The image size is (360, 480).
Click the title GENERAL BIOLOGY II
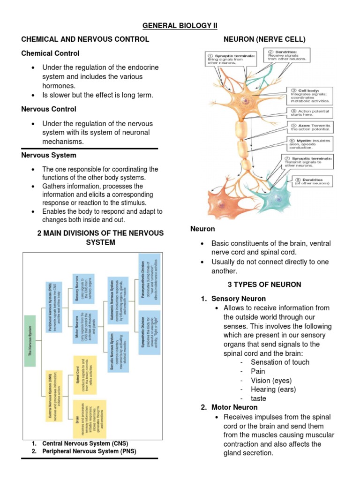[x=180, y=25]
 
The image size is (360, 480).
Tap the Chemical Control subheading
[x=50, y=53]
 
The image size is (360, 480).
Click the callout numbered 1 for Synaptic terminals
[x=231, y=59]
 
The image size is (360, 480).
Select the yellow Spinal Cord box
[x=85, y=375]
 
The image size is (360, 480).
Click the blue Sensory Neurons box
[x=83, y=290]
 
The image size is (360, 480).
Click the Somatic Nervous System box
[x=117, y=358]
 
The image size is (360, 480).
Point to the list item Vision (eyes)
[x=271, y=380]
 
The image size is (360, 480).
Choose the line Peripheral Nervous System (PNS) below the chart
[x=85, y=451]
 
